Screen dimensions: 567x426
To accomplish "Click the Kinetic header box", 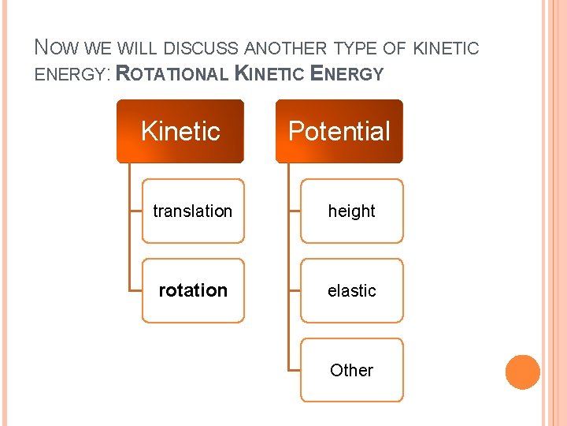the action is pyautogui.click(x=180, y=131).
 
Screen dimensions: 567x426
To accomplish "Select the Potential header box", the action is pyautogui.click(x=339, y=131).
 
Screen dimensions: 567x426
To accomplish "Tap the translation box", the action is pyautogui.click(x=193, y=211).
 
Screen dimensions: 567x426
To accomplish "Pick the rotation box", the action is pyautogui.click(x=193, y=290).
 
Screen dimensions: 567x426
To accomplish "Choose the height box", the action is pyautogui.click(x=351, y=211).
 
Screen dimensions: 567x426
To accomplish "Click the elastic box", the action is pyautogui.click(x=351, y=290).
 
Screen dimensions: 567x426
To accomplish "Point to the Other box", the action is pyautogui.click(x=351, y=370).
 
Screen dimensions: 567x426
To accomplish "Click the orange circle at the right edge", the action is pyautogui.click(x=523, y=372).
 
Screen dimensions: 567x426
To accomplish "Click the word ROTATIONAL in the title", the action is pyautogui.click(x=172, y=74).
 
